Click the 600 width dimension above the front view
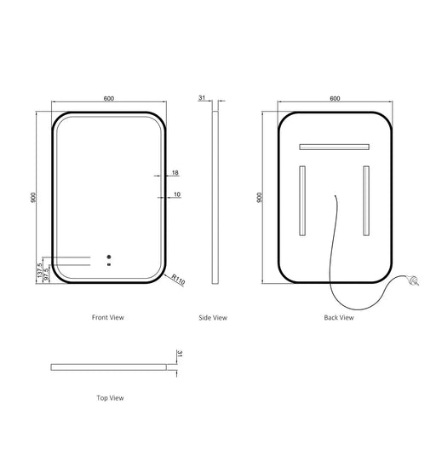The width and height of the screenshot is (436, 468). [x=109, y=98]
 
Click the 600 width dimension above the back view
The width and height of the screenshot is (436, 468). [x=335, y=98]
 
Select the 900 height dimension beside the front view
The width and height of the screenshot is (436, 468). [x=33, y=197]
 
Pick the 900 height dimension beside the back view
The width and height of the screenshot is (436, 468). [x=259, y=197]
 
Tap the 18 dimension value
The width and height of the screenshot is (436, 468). [x=175, y=172]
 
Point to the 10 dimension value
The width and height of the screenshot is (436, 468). [x=177, y=194]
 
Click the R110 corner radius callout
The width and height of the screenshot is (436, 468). [x=178, y=280]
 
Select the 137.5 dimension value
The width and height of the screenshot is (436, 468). [x=39, y=270]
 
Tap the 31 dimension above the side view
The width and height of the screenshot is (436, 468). [x=202, y=97]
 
